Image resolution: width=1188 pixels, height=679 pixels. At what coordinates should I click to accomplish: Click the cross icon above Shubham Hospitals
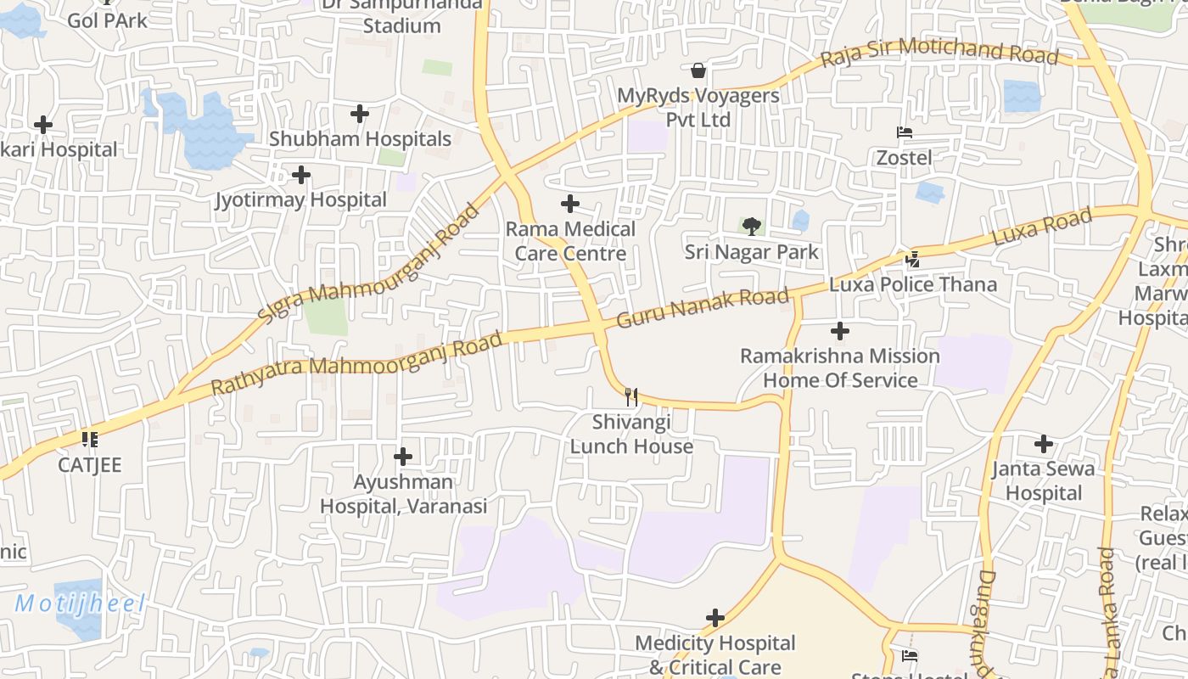click(360, 113)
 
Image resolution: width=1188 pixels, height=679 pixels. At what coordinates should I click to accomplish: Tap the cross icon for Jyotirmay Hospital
click(300, 176)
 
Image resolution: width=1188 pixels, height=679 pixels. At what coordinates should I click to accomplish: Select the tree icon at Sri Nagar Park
click(751, 226)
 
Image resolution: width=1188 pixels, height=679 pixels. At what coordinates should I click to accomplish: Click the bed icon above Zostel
click(905, 132)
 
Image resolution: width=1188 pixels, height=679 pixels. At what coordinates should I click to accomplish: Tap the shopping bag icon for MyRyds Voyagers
click(698, 70)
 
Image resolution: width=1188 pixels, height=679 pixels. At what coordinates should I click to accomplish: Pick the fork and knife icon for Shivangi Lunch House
click(630, 396)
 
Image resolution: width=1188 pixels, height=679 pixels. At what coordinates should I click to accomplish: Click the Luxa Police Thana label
click(912, 284)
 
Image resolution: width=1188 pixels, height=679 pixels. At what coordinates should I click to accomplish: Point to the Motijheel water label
click(81, 604)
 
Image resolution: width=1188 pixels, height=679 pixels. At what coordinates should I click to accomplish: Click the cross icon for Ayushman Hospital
click(403, 457)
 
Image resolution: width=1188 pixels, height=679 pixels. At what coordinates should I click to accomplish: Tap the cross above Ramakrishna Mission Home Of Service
click(840, 330)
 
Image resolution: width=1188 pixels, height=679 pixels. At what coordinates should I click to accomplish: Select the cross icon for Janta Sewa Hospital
click(1044, 443)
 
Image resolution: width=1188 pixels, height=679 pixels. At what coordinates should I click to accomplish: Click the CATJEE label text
click(90, 465)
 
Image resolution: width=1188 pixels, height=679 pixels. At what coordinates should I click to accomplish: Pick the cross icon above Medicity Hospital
click(715, 617)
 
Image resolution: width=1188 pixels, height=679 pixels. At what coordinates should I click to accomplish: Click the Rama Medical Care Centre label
click(570, 241)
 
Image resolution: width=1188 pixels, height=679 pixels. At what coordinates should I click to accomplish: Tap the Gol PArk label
click(107, 20)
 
